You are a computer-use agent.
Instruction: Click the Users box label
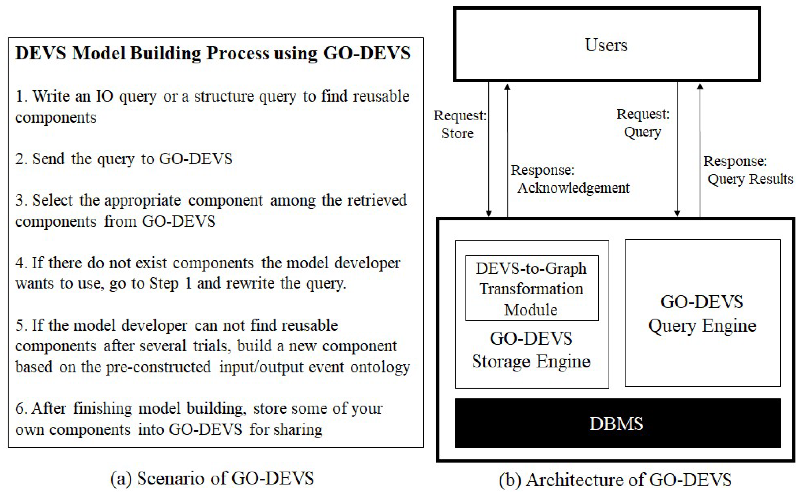click(606, 45)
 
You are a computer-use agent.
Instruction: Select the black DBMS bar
click(617, 423)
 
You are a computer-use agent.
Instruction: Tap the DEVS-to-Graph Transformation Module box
click(531, 288)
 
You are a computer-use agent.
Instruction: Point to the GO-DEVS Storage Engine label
click(531, 350)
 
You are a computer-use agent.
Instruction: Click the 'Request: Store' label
click(459, 124)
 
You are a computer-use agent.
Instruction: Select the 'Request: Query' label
click(642, 123)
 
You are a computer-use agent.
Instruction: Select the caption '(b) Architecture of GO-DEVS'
click(615, 480)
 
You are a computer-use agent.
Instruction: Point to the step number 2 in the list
click(20, 159)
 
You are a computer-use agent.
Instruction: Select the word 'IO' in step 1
click(104, 97)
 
